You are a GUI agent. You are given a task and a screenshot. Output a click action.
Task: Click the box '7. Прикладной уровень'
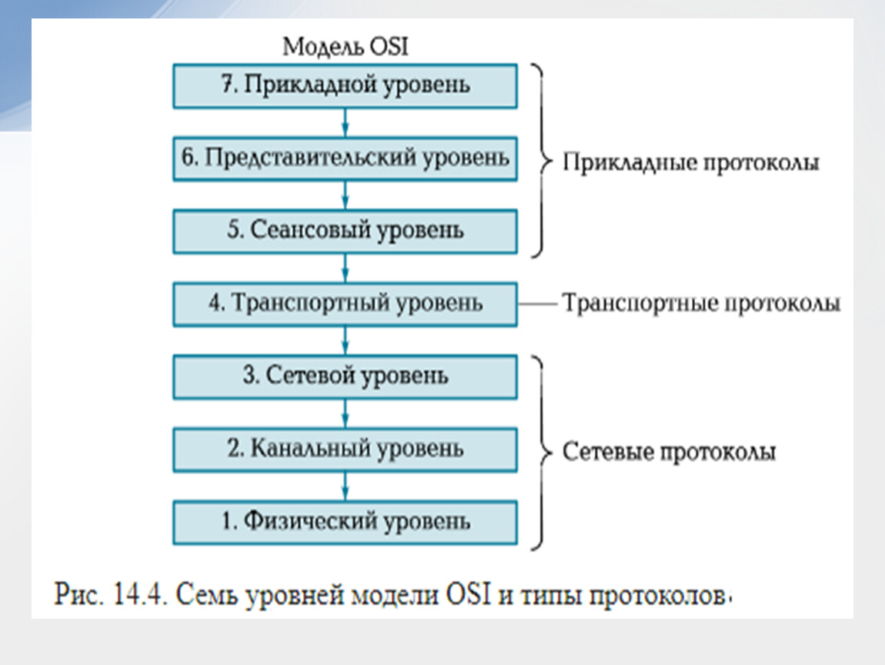[x=345, y=85]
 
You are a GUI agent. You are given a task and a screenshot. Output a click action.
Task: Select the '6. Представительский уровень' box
[x=345, y=159]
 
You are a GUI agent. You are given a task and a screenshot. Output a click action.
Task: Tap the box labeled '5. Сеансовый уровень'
[x=345, y=232]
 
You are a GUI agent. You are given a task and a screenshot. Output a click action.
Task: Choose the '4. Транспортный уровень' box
[x=345, y=304]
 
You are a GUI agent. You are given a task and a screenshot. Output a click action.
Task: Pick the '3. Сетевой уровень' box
[x=345, y=377]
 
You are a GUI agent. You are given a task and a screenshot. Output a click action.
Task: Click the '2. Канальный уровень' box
[x=345, y=450]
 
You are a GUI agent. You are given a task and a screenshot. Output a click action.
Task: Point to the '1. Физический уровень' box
[x=345, y=523]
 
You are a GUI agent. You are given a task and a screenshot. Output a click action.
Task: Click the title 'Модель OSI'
[x=346, y=46]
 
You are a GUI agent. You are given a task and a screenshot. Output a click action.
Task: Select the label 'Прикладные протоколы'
[x=690, y=162]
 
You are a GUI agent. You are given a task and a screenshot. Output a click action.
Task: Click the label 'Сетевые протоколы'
[x=669, y=452]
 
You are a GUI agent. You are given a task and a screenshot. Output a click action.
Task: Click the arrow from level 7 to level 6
[x=346, y=122]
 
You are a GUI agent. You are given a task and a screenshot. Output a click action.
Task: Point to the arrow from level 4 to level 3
[x=346, y=341]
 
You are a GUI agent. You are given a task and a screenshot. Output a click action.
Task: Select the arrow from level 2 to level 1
[x=346, y=486]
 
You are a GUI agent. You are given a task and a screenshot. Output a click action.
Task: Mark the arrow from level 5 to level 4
[x=346, y=268]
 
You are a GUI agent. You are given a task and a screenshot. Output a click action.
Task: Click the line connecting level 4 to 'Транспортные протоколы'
[x=538, y=304]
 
